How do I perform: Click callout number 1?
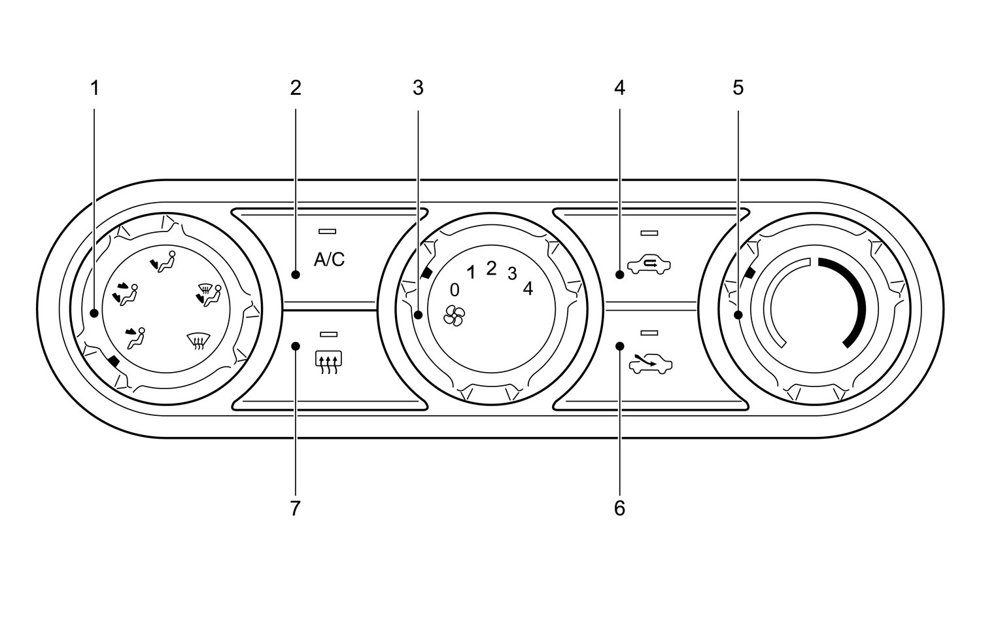95,88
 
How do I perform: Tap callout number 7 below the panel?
296,509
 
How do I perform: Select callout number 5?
738,88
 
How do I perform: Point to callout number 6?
620,509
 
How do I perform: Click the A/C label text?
330,260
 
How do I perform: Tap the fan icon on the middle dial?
454,316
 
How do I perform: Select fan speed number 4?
528,288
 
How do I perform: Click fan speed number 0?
455,290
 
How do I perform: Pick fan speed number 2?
491,269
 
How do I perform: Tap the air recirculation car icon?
649,265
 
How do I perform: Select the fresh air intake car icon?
650,364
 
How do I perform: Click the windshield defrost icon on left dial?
198,341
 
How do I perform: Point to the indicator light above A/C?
327,232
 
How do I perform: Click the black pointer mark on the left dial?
114,361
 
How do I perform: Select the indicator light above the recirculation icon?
649,233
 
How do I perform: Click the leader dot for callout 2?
296,275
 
